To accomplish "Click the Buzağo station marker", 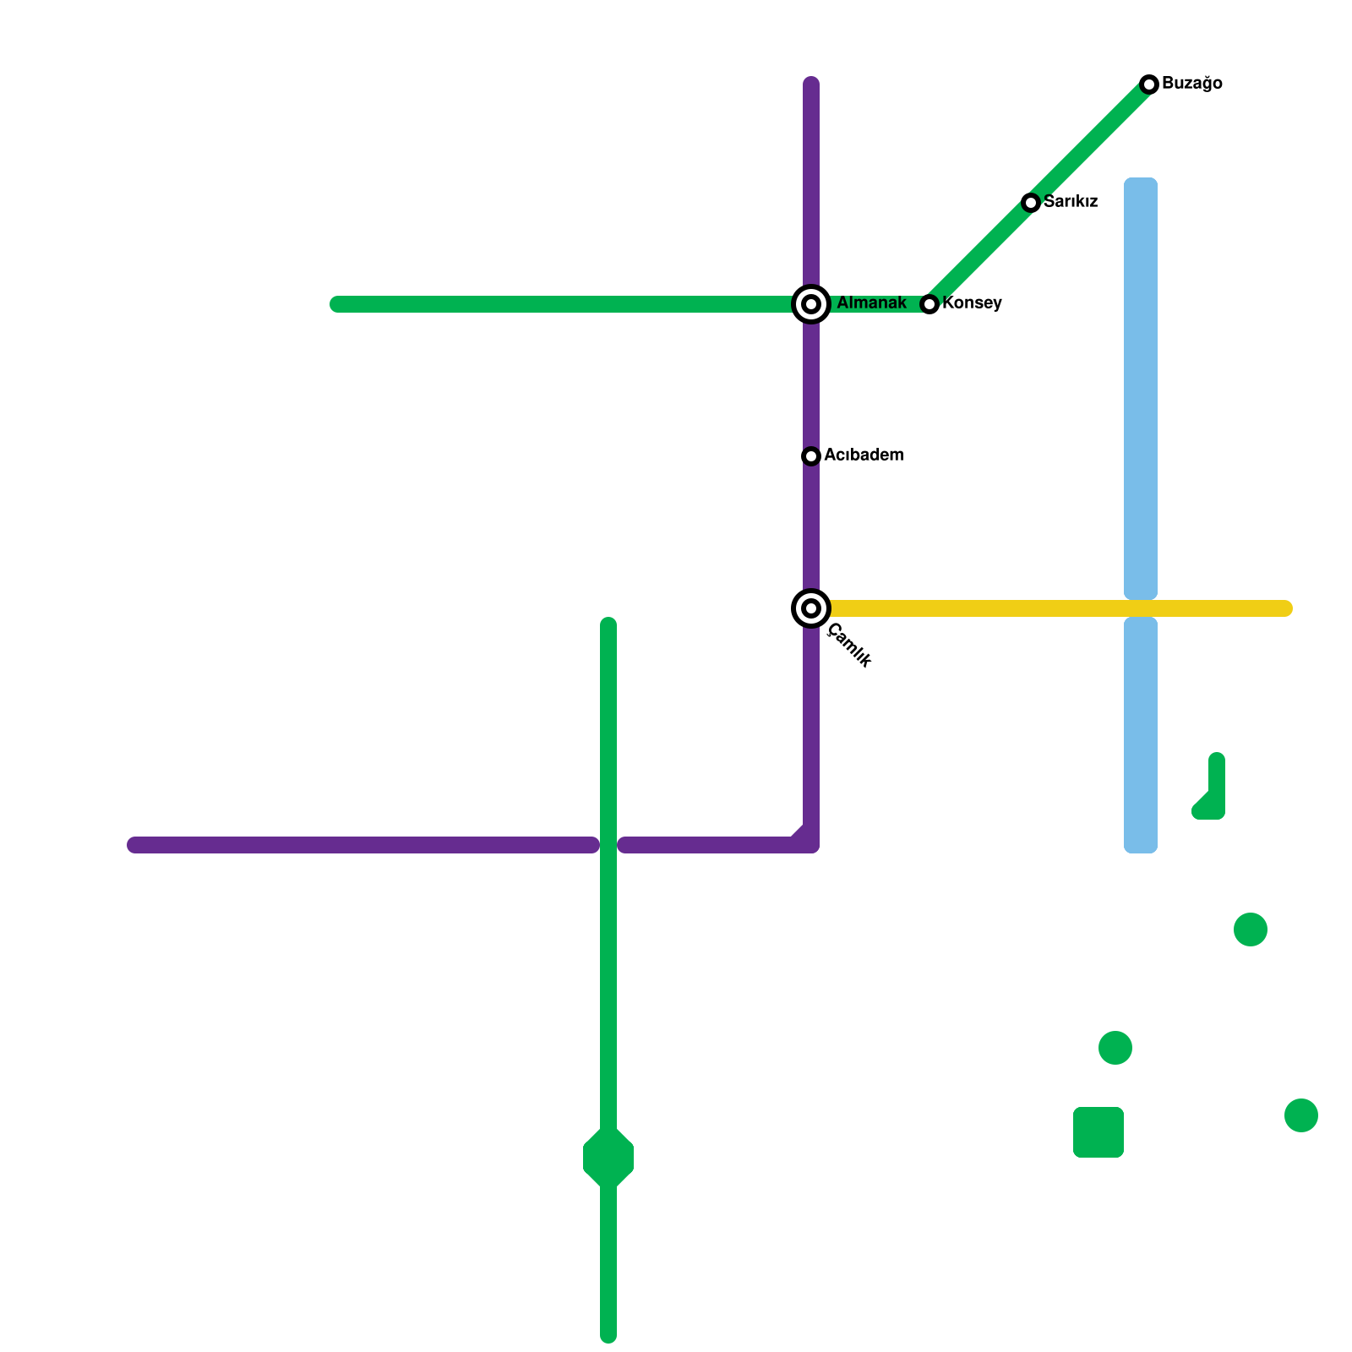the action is pyautogui.click(x=1148, y=84).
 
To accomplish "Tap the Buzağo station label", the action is pyautogui.click(x=1191, y=84).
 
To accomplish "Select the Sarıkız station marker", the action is pyautogui.click(x=1030, y=202).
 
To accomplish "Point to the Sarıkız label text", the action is pyautogui.click(x=1070, y=202).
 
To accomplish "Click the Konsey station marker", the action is pyautogui.click(x=929, y=304).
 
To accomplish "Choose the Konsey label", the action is pyautogui.click(x=972, y=303).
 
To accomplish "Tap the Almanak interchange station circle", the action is pyautogui.click(x=811, y=304).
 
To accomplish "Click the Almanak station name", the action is pyautogui.click(x=871, y=303).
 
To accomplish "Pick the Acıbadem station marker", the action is pyautogui.click(x=811, y=456).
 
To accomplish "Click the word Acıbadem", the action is pyautogui.click(x=864, y=455).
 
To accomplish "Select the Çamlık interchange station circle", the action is pyautogui.click(x=811, y=608).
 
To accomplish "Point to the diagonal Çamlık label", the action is pyautogui.click(x=849, y=646).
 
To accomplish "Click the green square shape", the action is pyautogui.click(x=1098, y=1132).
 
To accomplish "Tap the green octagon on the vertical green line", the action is pyautogui.click(x=608, y=1158).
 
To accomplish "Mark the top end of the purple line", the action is pyautogui.click(x=811, y=83).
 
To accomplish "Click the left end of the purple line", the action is pyautogui.click(x=134, y=845).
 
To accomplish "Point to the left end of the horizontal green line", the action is pyautogui.click(x=336, y=304).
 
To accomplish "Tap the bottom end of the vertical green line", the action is pyautogui.click(x=608, y=1336).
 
